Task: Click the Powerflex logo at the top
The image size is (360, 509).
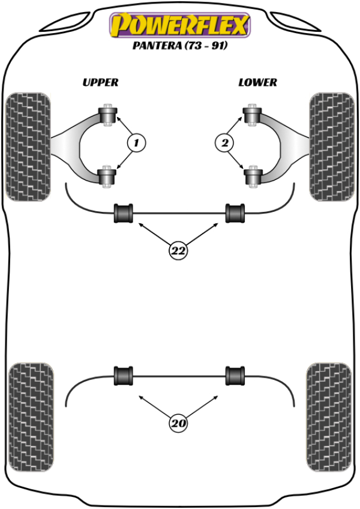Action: pos(179,26)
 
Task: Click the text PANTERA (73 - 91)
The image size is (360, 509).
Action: pos(179,45)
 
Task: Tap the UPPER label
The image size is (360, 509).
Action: pos(100,82)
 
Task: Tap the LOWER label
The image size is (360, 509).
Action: pos(257,82)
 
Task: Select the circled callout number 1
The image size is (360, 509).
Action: pos(136,143)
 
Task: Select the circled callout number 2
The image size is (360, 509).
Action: pos(224,143)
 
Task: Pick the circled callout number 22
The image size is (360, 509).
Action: pos(178,251)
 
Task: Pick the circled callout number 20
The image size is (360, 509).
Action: pos(178,424)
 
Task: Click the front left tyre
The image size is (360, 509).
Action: pos(27,146)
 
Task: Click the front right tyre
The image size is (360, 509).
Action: pos(330,146)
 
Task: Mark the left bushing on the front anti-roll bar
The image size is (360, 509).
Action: pos(124,213)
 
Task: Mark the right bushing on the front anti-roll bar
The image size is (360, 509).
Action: pos(235,213)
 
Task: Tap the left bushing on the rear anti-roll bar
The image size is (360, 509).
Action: pos(124,375)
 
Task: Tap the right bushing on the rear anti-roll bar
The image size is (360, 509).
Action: pos(235,375)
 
